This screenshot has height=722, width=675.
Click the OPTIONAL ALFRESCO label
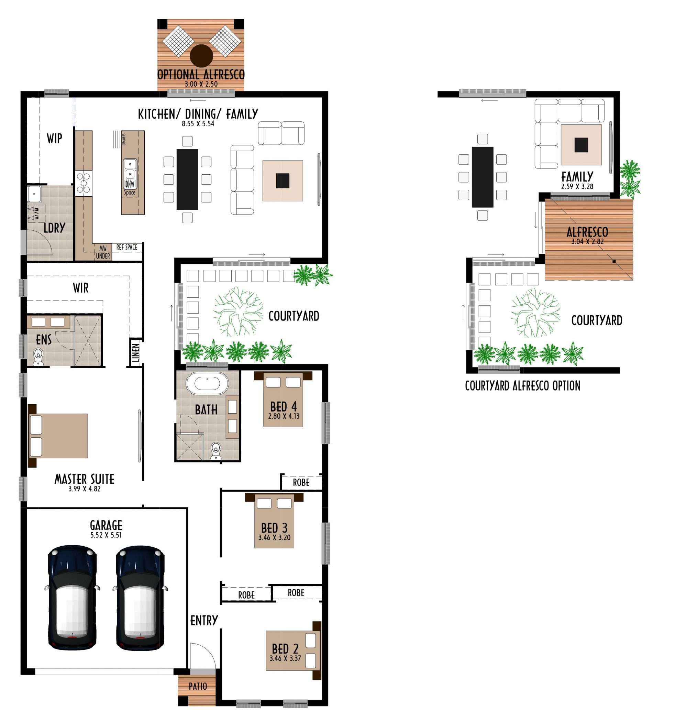201,75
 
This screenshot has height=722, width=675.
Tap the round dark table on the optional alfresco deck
201,56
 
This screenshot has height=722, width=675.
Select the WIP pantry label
54,138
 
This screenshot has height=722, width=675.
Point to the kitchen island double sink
130,169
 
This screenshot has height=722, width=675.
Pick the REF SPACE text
127,247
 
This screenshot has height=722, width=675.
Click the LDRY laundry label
54,228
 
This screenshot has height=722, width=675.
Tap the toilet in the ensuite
38,357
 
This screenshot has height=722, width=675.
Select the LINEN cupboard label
135,353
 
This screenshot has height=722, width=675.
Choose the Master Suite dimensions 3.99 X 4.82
84,489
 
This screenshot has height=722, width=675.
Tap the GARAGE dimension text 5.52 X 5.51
106,535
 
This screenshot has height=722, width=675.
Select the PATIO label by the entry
198,686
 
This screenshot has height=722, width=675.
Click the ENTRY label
204,621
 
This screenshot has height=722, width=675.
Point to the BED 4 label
284,406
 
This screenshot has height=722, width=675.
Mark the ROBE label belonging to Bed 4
301,482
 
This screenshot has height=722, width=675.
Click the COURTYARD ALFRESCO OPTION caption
522,386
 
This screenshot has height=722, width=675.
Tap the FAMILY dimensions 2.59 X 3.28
577,187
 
